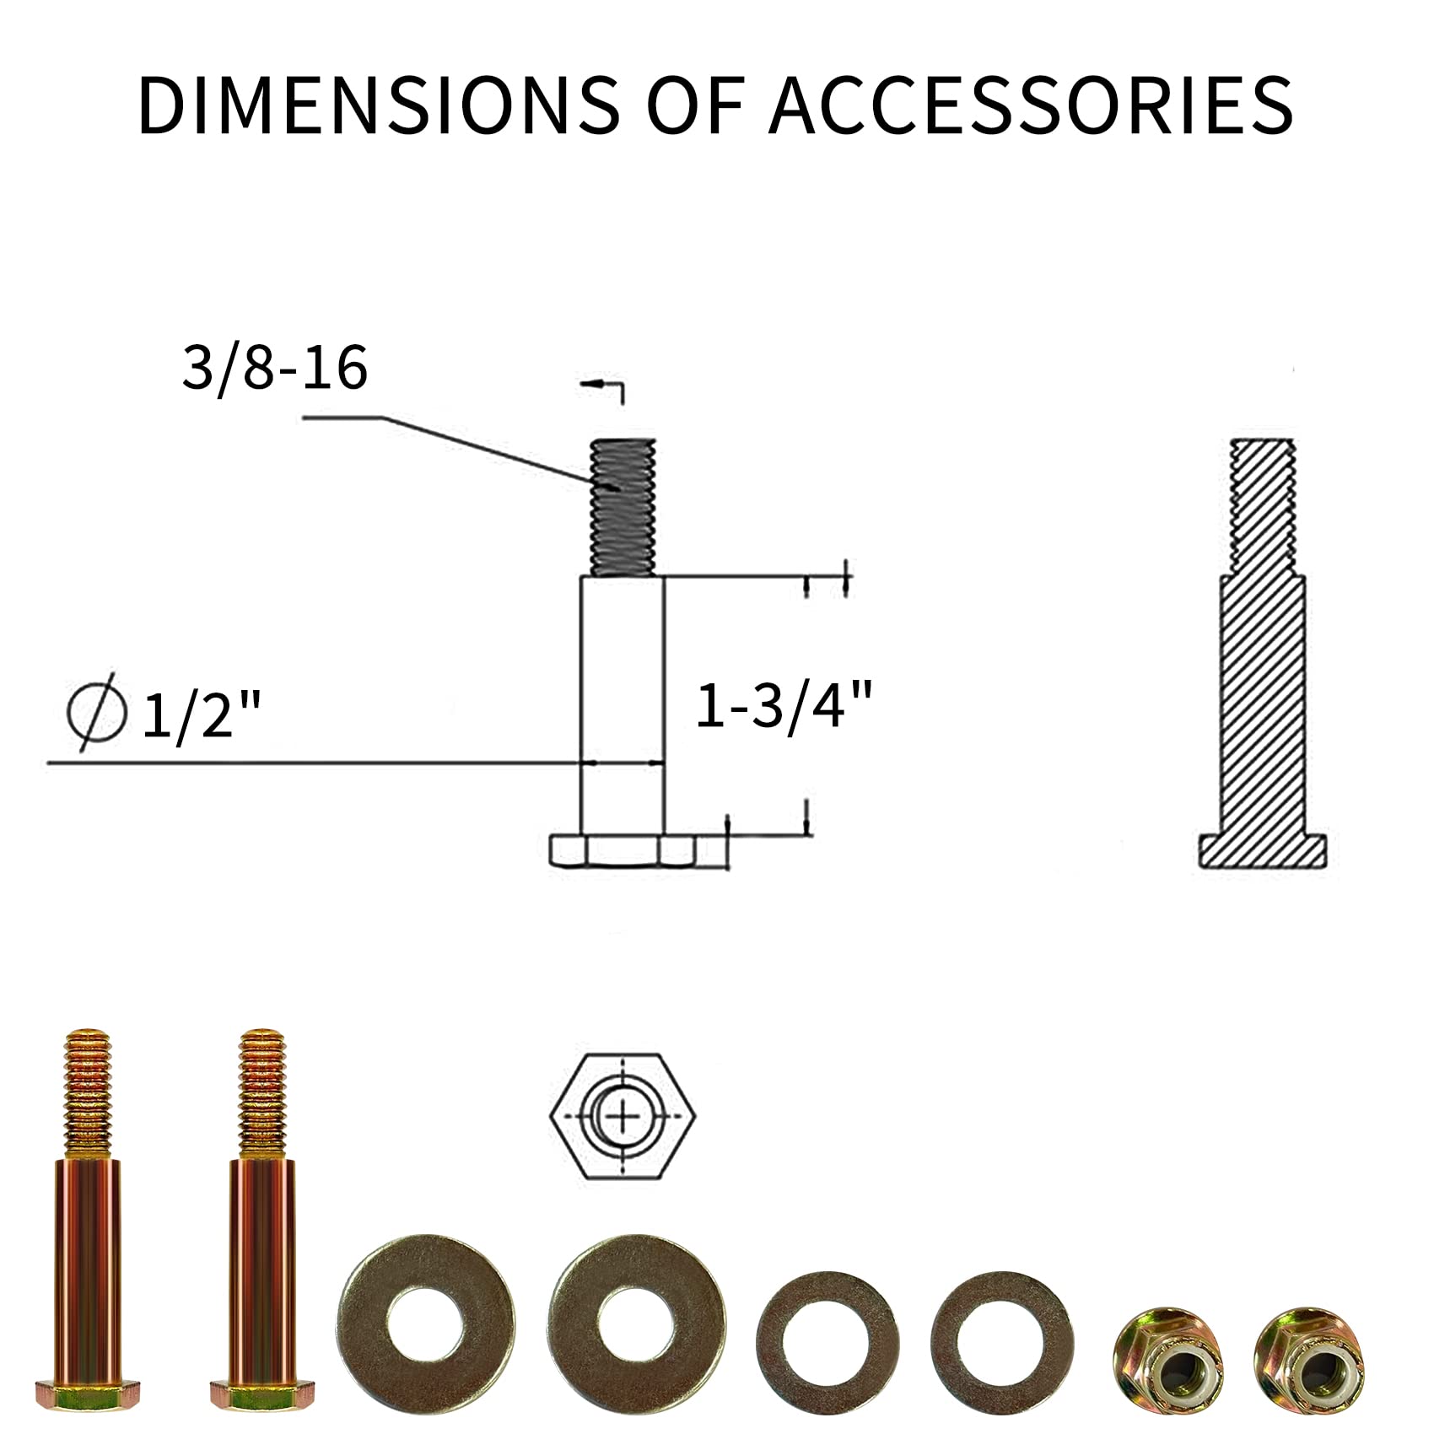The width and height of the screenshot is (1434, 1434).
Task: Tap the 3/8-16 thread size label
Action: tap(275, 369)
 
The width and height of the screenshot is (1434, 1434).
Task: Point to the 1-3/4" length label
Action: tap(781, 705)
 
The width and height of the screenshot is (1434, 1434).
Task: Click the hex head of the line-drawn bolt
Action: tap(622, 850)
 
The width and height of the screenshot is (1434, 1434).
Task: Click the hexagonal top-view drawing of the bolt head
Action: tap(623, 1117)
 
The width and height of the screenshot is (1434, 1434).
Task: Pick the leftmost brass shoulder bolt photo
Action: tap(88, 1219)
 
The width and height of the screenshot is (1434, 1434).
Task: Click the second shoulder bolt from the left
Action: tap(261, 1219)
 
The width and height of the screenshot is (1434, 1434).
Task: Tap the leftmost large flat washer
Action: tap(425, 1323)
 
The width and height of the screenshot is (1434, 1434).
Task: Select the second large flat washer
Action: tap(637, 1323)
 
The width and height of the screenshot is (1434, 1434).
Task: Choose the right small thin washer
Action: tap(1003, 1340)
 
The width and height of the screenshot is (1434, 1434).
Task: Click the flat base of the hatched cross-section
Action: tap(1262, 852)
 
